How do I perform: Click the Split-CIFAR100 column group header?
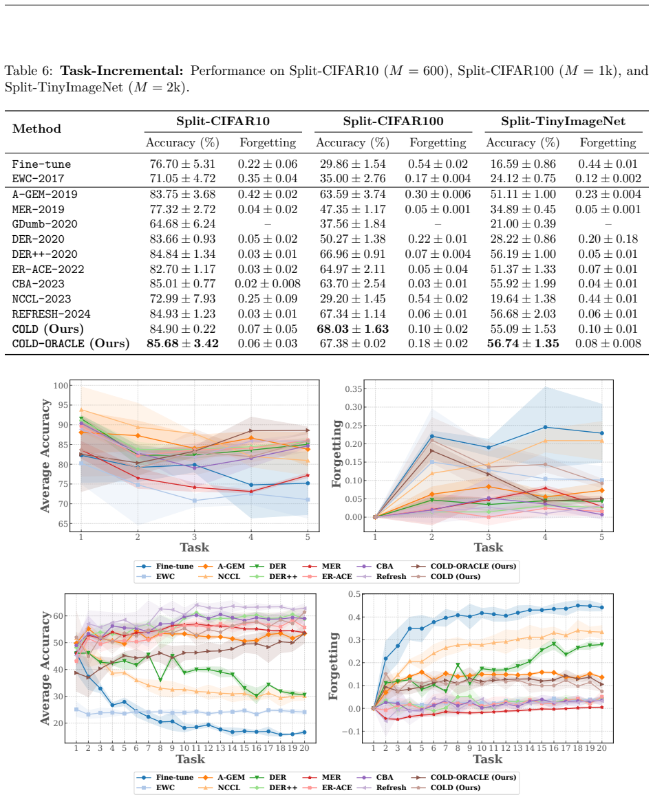click(393, 121)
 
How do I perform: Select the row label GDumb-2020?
click(45, 224)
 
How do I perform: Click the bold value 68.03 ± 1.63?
click(353, 329)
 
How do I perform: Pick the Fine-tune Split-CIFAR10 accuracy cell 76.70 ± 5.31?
click(182, 164)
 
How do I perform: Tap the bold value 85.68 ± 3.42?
click(182, 344)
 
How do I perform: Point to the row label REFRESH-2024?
click(51, 314)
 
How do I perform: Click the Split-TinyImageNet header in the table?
click(564, 121)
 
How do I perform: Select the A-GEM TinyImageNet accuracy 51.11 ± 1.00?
click(523, 195)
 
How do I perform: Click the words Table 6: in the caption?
click(30, 71)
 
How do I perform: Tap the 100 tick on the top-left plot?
click(61, 386)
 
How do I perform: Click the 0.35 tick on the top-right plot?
click(354, 389)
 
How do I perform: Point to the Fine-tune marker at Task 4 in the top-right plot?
click(545, 427)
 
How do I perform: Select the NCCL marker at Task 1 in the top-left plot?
click(81, 410)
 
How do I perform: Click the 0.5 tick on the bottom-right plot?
click(354, 594)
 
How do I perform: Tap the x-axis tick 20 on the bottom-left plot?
click(304, 748)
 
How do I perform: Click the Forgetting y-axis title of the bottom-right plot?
click(334, 666)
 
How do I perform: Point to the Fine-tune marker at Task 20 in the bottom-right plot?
click(601, 607)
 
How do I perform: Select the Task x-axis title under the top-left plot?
click(194, 547)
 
